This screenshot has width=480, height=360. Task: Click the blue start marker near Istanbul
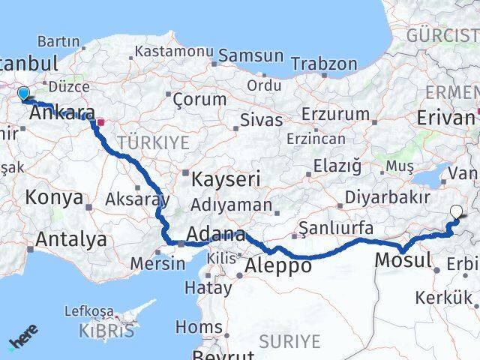pos(23,94)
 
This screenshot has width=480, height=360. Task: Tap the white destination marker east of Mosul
pos(457,213)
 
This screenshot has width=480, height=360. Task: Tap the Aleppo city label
pos(277,265)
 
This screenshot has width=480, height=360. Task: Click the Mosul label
pos(403,261)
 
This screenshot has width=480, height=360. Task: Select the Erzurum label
pos(334,114)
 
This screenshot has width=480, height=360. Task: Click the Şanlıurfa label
pos(335,227)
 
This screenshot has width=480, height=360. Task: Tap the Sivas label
pos(262,119)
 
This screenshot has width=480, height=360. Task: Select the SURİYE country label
pos(289,342)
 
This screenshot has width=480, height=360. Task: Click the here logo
pos(23,338)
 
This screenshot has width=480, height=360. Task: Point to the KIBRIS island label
pos(109,328)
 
